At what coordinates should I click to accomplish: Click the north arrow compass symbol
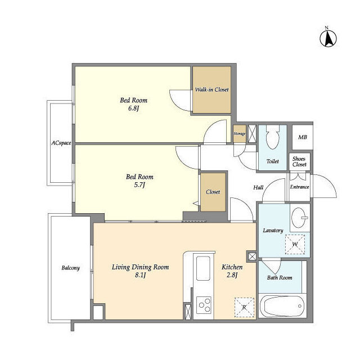pyautogui.click(x=328, y=38)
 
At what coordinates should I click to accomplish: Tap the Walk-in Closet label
pyautogui.click(x=211, y=89)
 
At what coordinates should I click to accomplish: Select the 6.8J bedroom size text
pyautogui.click(x=134, y=109)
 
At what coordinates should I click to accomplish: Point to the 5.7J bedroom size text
pyautogui.click(x=139, y=185)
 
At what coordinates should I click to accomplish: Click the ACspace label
pyautogui.click(x=61, y=143)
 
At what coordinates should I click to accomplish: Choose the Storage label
pyautogui.click(x=240, y=134)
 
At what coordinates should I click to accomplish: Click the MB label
pyautogui.click(x=303, y=137)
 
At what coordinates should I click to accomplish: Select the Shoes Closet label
pyautogui.click(x=299, y=161)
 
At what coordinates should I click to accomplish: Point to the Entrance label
pyautogui.click(x=299, y=187)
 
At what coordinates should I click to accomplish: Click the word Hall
pyautogui.click(x=258, y=187)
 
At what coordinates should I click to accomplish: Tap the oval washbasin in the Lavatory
pyautogui.click(x=300, y=218)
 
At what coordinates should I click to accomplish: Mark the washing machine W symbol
pyautogui.click(x=295, y=244)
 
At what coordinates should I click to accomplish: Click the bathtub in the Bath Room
pyautogui.click(x=282, y=306)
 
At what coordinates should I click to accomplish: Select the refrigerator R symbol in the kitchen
pyautogui.click(x=244, y=308)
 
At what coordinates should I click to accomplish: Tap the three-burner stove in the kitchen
pyautogui.click(x=204, y=305)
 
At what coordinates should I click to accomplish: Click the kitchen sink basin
pyautogui.click(x=203, y=268)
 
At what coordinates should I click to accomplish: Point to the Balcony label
pyautogui.click(x=70, y=268)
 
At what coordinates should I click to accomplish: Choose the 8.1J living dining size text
pyautogui.click(x=140, y=275)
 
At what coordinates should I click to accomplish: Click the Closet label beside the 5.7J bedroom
pyautogui.click(x=213, y=192)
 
